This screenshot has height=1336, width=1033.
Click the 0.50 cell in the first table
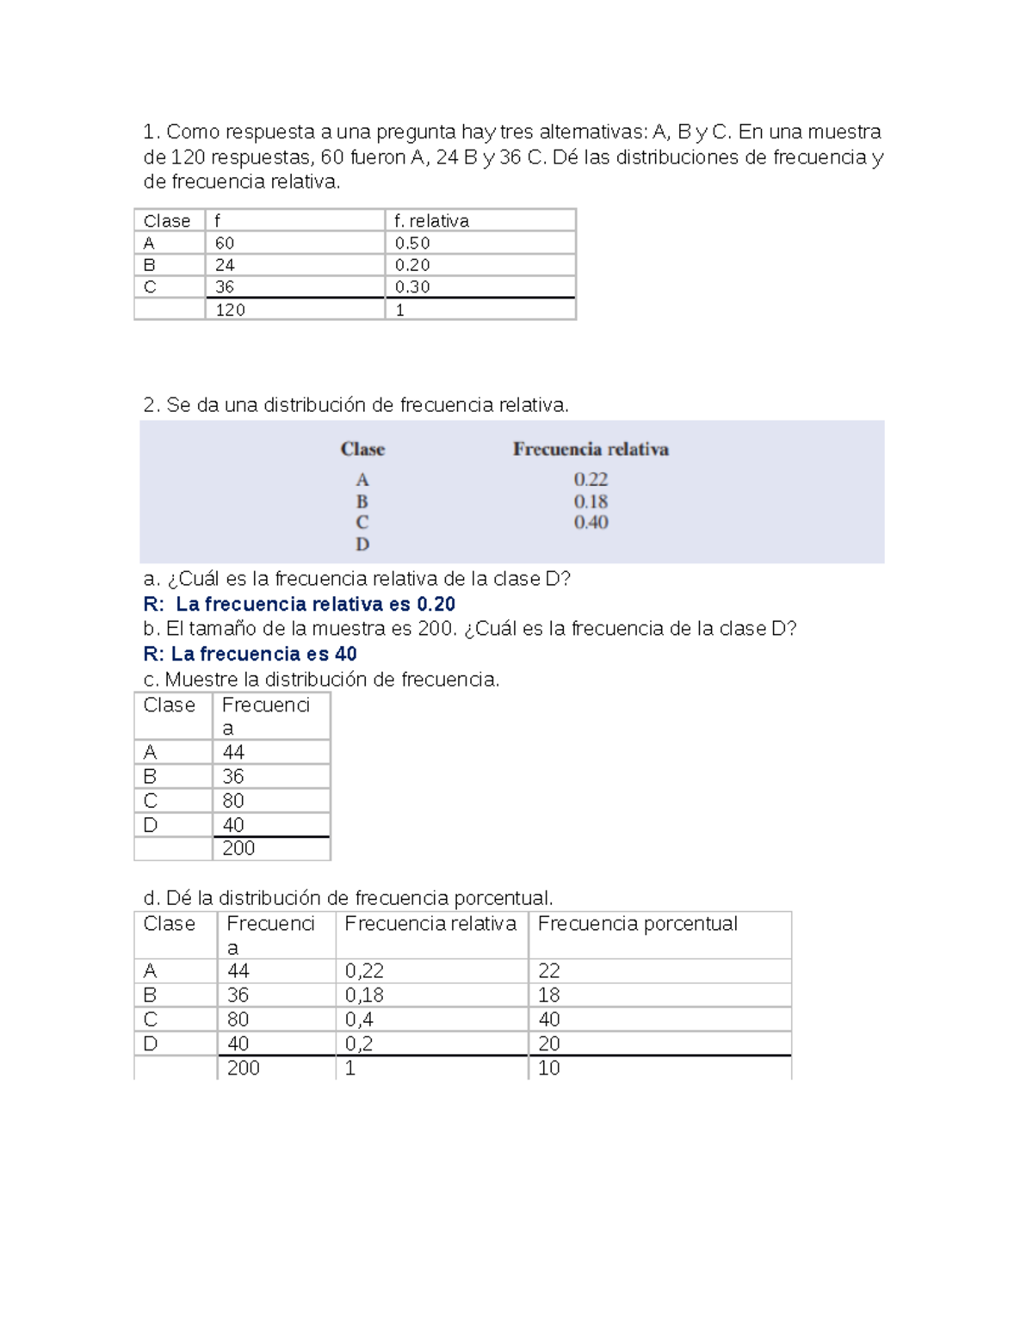[412, 243]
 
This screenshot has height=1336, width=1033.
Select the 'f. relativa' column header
[431, 221]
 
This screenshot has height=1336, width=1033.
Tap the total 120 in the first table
[230, 310]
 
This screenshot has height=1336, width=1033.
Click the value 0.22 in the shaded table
[591, 479]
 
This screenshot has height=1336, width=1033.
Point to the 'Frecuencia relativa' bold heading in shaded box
[591, 449]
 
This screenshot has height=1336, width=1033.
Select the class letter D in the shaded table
[362, 544]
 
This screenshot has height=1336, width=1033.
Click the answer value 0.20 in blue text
[436, 604]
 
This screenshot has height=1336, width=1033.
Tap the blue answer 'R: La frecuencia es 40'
[250, 654]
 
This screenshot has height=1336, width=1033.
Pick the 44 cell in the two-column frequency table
[233, 752]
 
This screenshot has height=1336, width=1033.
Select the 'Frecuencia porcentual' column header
[637, 924]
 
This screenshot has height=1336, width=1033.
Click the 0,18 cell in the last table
[364, 995]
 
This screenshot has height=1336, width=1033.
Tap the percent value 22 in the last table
[549, 971]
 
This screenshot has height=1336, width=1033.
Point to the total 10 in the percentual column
[549, 1068]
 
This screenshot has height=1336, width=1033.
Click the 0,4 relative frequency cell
[359, 1019]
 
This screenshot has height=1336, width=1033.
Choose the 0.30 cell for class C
[412, 287]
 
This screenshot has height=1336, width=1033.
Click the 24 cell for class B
[225, 265]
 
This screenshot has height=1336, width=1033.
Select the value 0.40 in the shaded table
[591, 522]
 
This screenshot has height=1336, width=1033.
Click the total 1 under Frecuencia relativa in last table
[350, 1068]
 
